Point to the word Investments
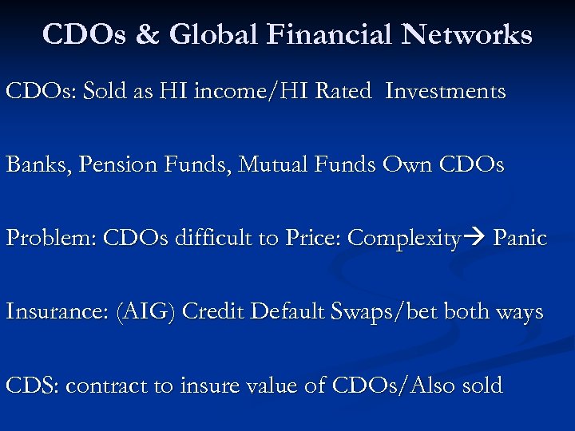pyautogui.click(x=445, y=92)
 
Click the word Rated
pyautogui.click(x=343, y=92)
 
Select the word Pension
pyautogui.click(x=108, y=165)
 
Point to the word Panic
pyautogui.click(x=520, y=239)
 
